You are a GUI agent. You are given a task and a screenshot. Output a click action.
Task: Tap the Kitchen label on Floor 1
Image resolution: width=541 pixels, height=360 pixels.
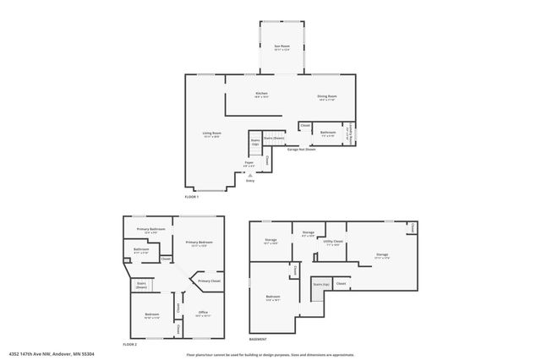click(x=261, y=95)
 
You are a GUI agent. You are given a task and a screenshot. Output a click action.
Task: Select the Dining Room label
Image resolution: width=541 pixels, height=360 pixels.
click(x=325, y=97)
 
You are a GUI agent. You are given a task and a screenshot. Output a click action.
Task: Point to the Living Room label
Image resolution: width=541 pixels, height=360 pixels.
click(x=211, y=134)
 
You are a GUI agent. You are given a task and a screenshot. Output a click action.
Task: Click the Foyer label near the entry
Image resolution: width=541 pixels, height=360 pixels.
click(x=249, y=163)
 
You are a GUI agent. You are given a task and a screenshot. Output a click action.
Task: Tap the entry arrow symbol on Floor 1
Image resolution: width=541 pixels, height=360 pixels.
click(x=249, y=175)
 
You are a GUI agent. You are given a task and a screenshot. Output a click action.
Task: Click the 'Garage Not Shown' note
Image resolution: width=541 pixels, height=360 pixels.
click(x=301, y=149)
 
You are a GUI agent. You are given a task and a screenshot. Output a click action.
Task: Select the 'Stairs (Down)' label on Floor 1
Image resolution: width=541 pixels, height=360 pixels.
click(x=274, y=137)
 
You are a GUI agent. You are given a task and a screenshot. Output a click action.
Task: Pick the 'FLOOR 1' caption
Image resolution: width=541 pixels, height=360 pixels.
click(x=192, y=197)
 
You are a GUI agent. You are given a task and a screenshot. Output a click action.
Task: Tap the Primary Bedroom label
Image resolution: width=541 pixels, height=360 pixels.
click(x=199, y=243)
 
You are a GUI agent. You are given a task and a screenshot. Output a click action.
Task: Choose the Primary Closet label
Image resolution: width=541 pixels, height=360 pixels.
click(x=209, y=281)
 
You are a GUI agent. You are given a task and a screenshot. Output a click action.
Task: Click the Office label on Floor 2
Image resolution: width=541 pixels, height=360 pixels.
click(x=203, y=313)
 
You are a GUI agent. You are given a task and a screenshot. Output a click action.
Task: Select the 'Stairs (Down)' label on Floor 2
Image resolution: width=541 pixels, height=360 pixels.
click(x=141, y=286)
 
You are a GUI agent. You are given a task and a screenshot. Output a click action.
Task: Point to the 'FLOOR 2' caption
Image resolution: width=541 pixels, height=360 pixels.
click(x=129, y=344)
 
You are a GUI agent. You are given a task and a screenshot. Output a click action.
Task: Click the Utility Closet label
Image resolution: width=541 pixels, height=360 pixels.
click(x=332, y=241)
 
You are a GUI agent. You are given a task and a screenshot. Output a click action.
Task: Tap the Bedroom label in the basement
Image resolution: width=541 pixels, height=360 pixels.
click(x=273, y=297)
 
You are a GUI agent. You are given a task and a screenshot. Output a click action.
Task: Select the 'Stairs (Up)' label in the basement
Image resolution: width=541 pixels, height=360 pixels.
click(x=320, y=285)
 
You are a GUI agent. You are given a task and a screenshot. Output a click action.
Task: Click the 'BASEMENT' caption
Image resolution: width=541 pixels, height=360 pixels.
click(x=259, y=340)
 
